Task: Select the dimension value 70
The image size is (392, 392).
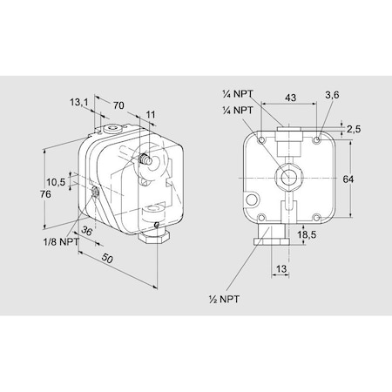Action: coord(119,106)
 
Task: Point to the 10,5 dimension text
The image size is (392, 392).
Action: coord(57,182)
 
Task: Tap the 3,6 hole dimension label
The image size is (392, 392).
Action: coord(332,94)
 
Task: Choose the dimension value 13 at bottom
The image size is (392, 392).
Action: coord(281,269)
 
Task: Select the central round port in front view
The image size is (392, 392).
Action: coord(287,177)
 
